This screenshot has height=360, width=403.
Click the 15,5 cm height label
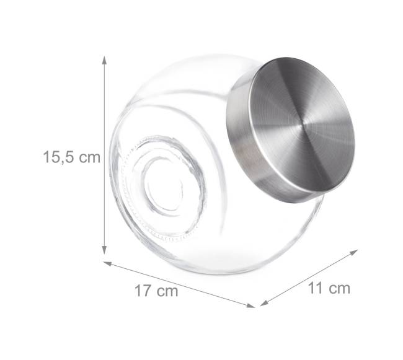tap(71, 157)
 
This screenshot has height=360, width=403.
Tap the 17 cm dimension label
tap(156, 291)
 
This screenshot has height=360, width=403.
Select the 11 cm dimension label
tap(329, 288)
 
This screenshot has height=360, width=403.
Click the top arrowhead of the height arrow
tap(104, 60)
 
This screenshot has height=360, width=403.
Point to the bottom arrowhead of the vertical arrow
tap(104, 250)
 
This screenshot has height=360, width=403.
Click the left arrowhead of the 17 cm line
tap(107, 263)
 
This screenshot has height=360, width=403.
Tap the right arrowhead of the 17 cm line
tap(251, 305)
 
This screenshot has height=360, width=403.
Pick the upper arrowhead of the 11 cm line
tap(354, 252)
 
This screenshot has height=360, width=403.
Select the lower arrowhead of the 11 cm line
tap(264, 303)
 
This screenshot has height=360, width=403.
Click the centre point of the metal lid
tap(303, 125)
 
